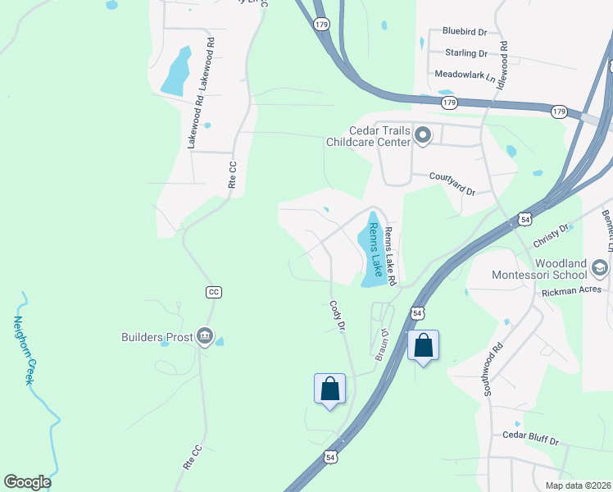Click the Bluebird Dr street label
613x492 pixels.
465,31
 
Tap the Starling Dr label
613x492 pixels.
465,53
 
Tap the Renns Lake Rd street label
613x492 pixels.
390,257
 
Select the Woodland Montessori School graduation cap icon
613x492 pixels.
599,268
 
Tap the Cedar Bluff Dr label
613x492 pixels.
530,440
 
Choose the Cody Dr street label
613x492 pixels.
336,316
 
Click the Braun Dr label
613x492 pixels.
380,344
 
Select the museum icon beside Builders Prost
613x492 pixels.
205,336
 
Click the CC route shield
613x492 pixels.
215,292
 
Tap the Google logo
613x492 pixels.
27,482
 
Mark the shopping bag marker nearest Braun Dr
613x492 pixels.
423,344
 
